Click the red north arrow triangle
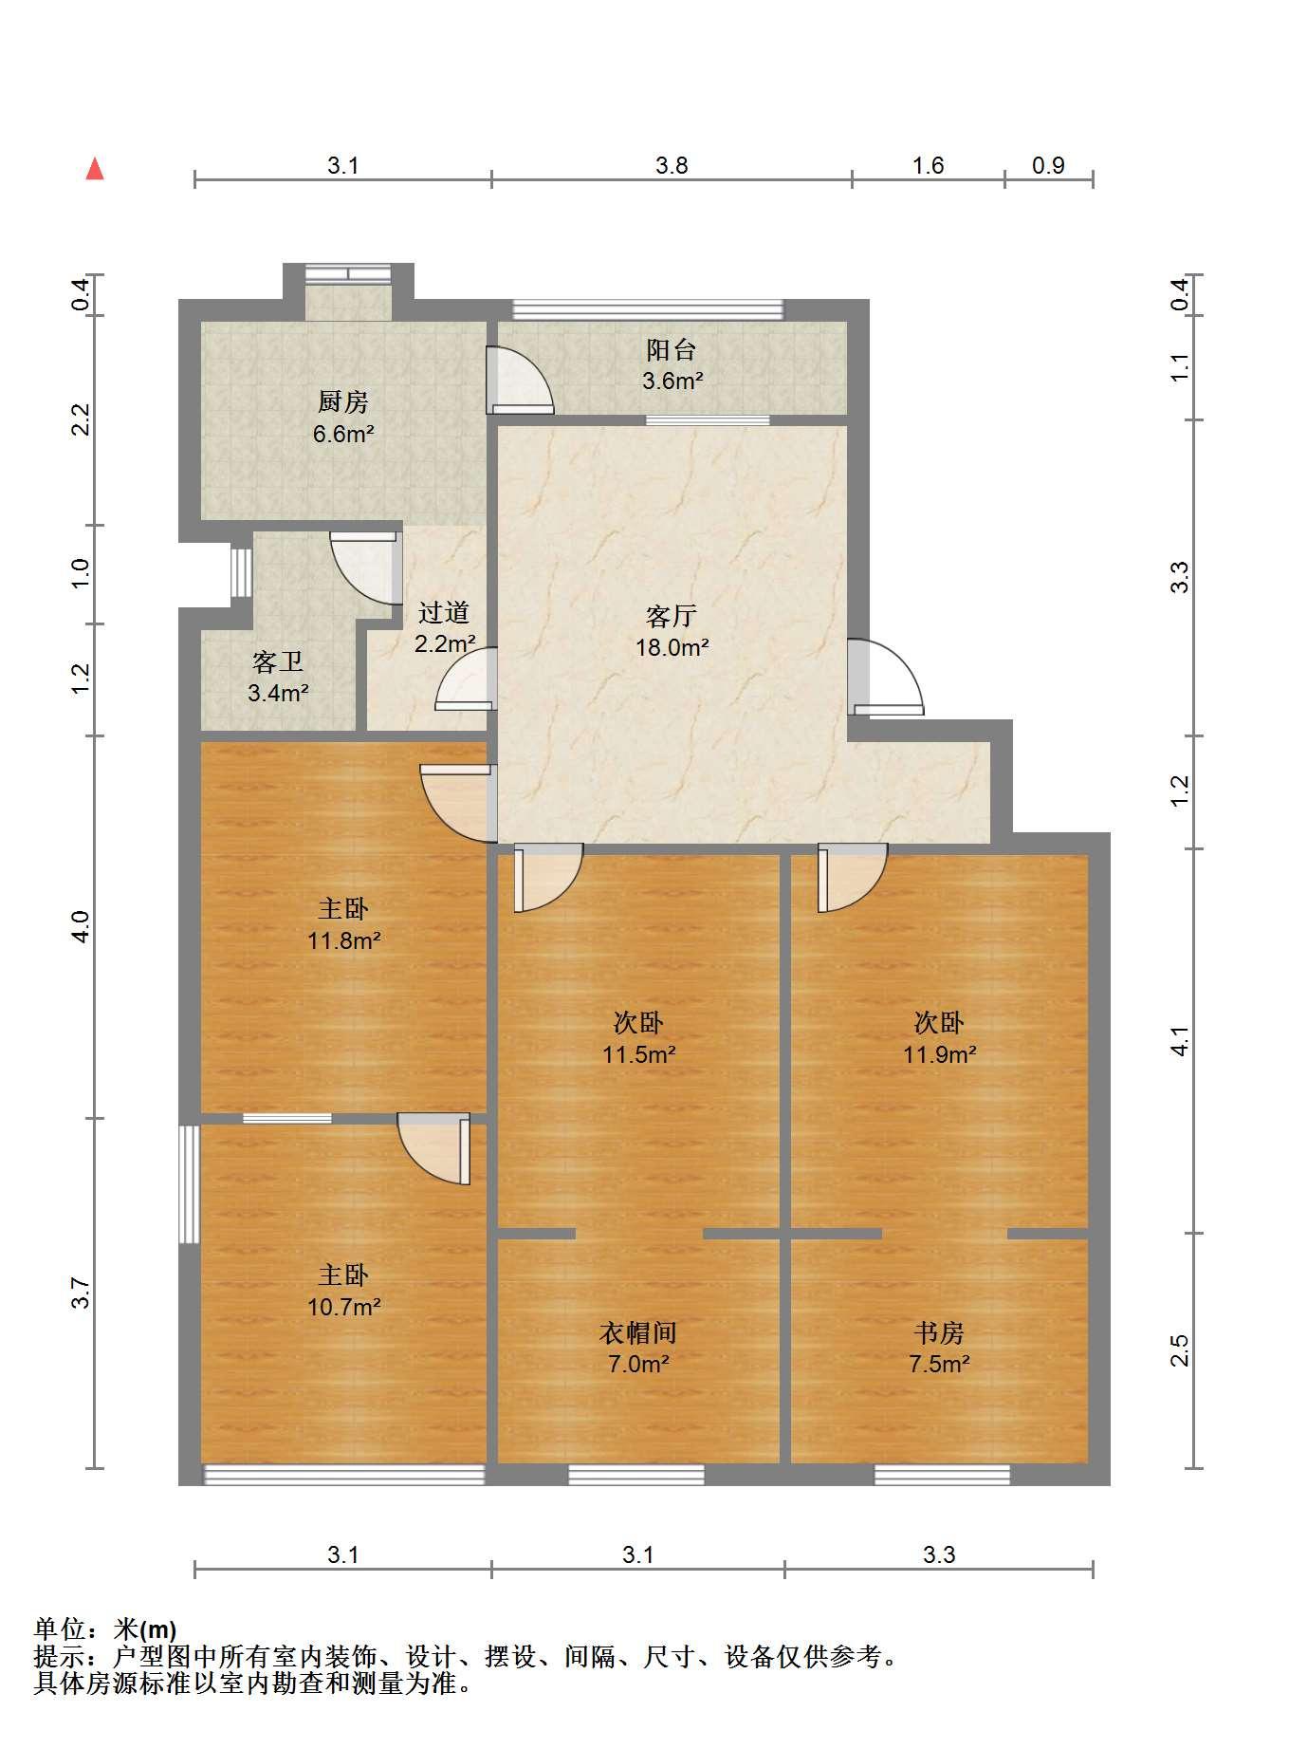click(x=95, y=169)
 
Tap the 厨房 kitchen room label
click(x=342, y=402)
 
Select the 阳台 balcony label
click(x=672, y=350)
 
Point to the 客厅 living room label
click(x=672, y=616)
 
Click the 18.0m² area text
click(x=672, y=647)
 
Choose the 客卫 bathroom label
click(x=278, y=661)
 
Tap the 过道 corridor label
click(x=444, y=612)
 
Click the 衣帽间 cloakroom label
click(x=638, y=1332)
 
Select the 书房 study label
click(x=939, y=1332)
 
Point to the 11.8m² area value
click(x=344, y=940)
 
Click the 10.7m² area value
click(x=344, y=1307)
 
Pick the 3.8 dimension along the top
click(x=672, y=165)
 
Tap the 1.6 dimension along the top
click(x=929, y=165)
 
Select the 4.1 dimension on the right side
click(x=1179, y=1041)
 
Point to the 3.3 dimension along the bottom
click(x=939, y=1554)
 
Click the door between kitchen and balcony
click(x=519, y=381)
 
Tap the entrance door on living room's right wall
click(x=884, y=677)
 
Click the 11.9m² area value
click(x=940, y=1054)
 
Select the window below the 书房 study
click(x=942, y=1474)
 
